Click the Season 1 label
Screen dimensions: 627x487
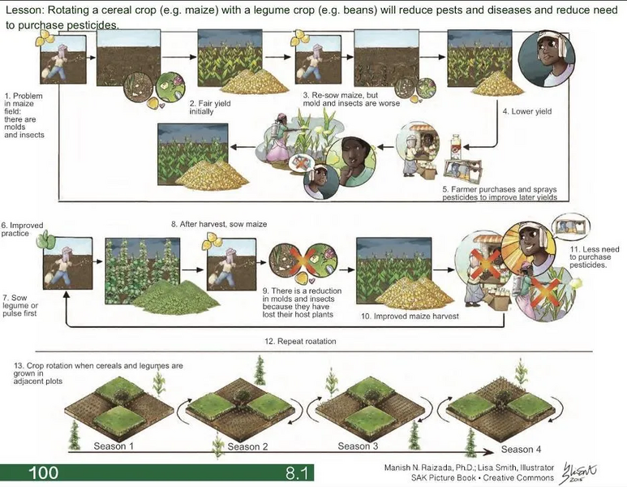pos(114,446)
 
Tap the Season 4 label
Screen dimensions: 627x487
pos(521,450)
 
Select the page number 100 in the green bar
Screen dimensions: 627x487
pos(44,472)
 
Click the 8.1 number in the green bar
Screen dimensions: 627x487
pos(297,473)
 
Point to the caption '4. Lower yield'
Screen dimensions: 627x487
pos(527,111)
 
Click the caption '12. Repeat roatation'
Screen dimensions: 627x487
pos(300,342)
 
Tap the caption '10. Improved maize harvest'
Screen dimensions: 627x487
pos(410,316)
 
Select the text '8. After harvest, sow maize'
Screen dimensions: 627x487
pos(219,224)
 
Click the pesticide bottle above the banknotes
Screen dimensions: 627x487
pos(456,147)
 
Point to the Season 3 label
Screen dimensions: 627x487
pos(358,446)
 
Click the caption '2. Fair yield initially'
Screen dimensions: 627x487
pos(210,107)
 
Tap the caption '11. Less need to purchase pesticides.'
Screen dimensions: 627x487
pos(595,257)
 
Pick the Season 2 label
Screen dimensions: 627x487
pos(247,446)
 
